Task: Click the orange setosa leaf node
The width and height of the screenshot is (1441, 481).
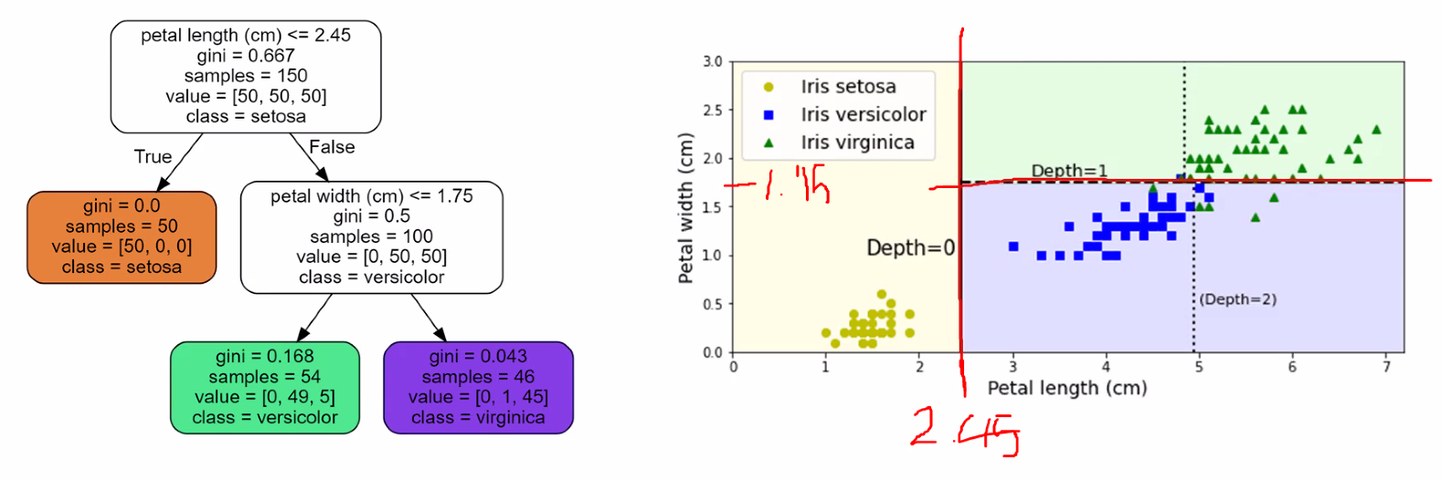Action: (122, 237)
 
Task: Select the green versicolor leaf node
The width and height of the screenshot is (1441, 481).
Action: (265, 387)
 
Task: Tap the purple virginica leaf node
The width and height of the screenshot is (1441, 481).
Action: (478, 387)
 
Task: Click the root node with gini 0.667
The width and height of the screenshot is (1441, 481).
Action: (246, 77)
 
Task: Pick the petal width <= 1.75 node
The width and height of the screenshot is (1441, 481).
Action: (372, 237)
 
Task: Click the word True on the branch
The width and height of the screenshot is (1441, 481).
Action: (153, 157)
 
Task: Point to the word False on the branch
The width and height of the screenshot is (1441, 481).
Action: (332, 147)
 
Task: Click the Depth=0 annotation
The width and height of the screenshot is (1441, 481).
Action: (910, 247)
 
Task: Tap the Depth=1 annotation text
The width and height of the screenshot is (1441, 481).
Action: (1069, 170)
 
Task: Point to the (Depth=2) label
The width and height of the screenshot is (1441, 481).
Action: (1238, 299)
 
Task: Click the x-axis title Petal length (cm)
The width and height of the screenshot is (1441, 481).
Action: (1067, 388)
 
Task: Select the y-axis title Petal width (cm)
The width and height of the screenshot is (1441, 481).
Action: (685, 208)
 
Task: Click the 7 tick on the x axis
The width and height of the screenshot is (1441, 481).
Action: (1386, 367)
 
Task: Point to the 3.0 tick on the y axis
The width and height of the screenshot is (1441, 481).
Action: (713, 62)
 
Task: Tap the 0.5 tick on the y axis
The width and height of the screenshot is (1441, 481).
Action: (713, 304)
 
